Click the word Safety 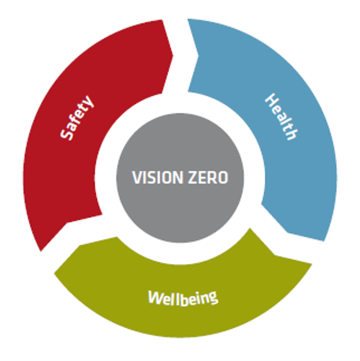[77, 117]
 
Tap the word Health [281, 117]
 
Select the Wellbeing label [183, 298]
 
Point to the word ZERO [208, 177]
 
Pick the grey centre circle [180, 178]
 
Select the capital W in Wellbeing [155, 297]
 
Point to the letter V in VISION [136, 177]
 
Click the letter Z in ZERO [193, 177]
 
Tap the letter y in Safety [88, 102]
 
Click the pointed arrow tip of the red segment [173, 55]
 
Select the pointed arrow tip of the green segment [54, 274]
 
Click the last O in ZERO [223, 177]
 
